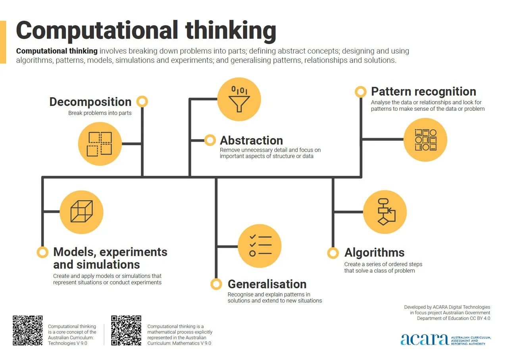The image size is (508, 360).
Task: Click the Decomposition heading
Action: point(90,102)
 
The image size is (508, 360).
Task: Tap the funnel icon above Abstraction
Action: point(239,99)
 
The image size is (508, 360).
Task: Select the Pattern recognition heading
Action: point(423,92)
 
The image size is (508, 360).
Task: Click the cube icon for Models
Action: point(81,212)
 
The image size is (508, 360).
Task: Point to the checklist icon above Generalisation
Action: point(260,246)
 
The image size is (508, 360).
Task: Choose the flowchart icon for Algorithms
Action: point(385,212)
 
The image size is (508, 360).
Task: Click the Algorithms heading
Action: point(374,253)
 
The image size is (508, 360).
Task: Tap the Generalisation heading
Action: point(267,284)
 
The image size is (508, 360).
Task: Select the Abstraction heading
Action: point(251,141)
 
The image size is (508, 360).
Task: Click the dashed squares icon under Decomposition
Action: point(100,144)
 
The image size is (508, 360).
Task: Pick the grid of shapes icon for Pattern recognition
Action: point(425,140)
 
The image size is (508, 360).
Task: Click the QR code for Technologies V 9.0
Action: point(28,330)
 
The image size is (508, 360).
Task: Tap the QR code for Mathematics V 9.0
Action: point(126,330)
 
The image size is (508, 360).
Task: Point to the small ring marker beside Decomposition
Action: point(142,102)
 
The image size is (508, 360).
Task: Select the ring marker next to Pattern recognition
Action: point(360,92)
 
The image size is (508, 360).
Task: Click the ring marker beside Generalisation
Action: point(216,284)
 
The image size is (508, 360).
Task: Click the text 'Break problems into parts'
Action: point(100,113)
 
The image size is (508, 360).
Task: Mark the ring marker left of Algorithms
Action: point(333,253)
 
